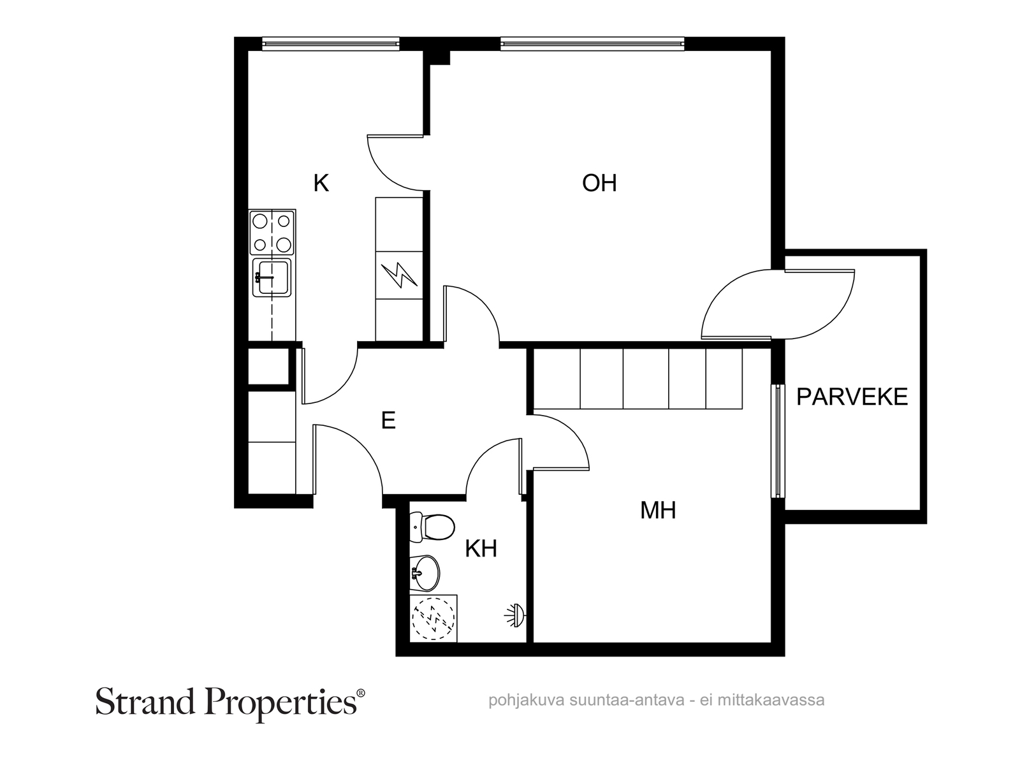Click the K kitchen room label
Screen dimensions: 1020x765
pos(321,183)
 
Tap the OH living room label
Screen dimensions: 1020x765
pos(599,183)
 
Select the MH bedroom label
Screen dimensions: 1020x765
pos(658,510)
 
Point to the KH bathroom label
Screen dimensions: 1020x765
pos(481,548)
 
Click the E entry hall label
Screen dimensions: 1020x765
pos(388,420)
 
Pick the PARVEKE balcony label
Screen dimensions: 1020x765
pos(852,397)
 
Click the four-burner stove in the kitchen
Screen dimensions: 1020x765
pos(272,232)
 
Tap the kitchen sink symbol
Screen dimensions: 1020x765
pos(272,277)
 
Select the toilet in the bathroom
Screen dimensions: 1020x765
pos(432,527)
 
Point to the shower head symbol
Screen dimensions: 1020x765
pos(515,615)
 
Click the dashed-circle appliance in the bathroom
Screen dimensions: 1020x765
pos(433,618)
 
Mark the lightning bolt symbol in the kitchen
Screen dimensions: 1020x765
pos(398,275)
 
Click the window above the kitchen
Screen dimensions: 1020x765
pos(330,44)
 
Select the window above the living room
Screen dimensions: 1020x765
pos(592,44)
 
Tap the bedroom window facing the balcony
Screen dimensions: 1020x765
pos(777,441)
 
